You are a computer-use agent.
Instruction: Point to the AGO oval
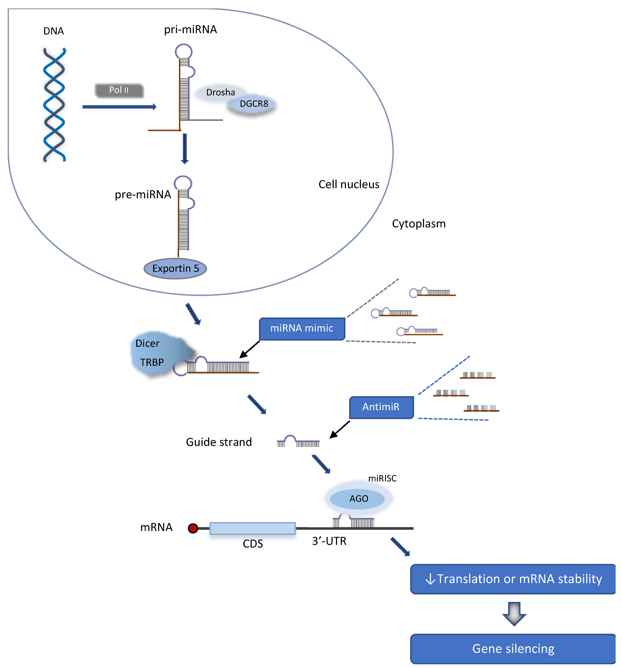(357, 499)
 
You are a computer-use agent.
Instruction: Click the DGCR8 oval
(253, 104)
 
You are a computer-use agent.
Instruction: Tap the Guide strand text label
(219, 442)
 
